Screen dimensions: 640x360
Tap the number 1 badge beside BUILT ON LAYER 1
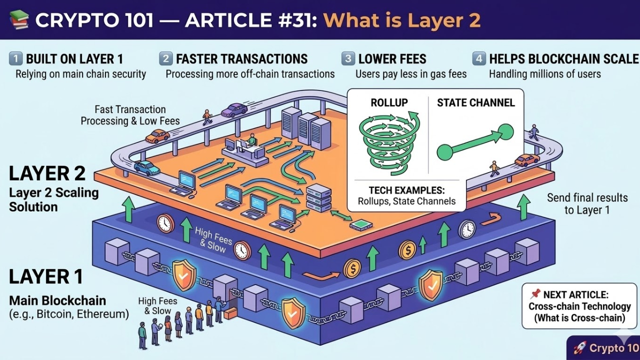coord(15,58)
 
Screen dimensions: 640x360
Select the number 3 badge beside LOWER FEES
coord(348,58)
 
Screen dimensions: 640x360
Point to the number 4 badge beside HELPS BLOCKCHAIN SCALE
coord(479,58)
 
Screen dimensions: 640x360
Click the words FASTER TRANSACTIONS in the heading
coord(241,59)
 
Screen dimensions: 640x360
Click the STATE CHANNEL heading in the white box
coord(475,103)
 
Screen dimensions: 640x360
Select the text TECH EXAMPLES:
coord(406,190)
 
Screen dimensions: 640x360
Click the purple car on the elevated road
coord(234,110)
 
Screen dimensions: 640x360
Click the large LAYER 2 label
coord(47,173)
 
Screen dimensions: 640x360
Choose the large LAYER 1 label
coord(46,276)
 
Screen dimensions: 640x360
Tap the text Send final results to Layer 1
coord(587,203)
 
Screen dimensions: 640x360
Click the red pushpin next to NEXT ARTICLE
coord(535,294)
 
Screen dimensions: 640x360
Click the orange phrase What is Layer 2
coord(401,20)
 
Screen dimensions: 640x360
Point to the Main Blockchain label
coord(57,301)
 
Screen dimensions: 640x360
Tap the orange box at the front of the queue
coord(230,313)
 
